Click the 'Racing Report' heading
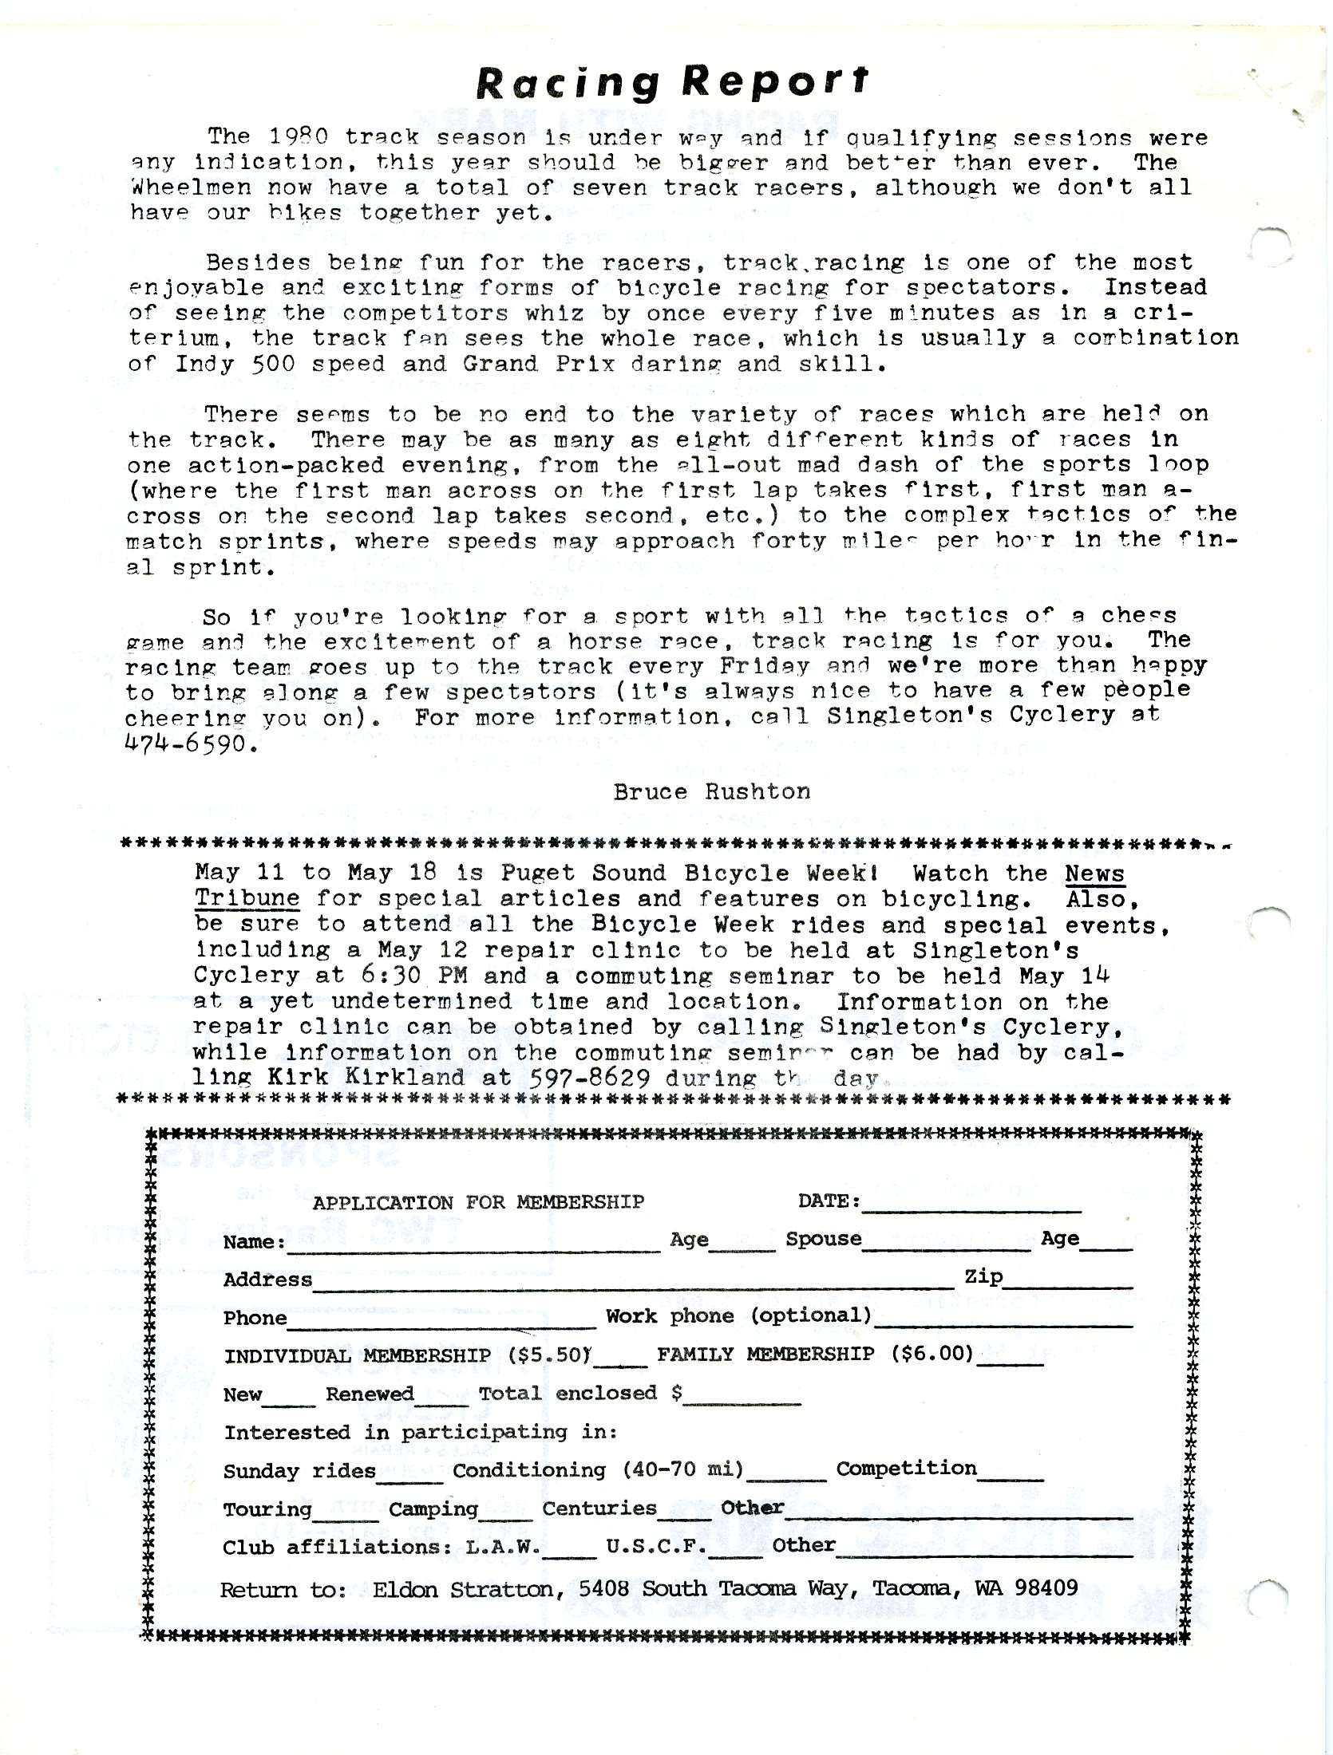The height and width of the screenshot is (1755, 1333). point(671,81)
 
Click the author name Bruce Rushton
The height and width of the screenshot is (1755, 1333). point(711,791)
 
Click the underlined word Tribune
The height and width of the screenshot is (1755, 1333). point(247,899)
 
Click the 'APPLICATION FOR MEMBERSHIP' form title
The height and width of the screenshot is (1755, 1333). point(478,1202)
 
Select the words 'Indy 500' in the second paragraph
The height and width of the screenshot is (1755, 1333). point(212,364)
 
